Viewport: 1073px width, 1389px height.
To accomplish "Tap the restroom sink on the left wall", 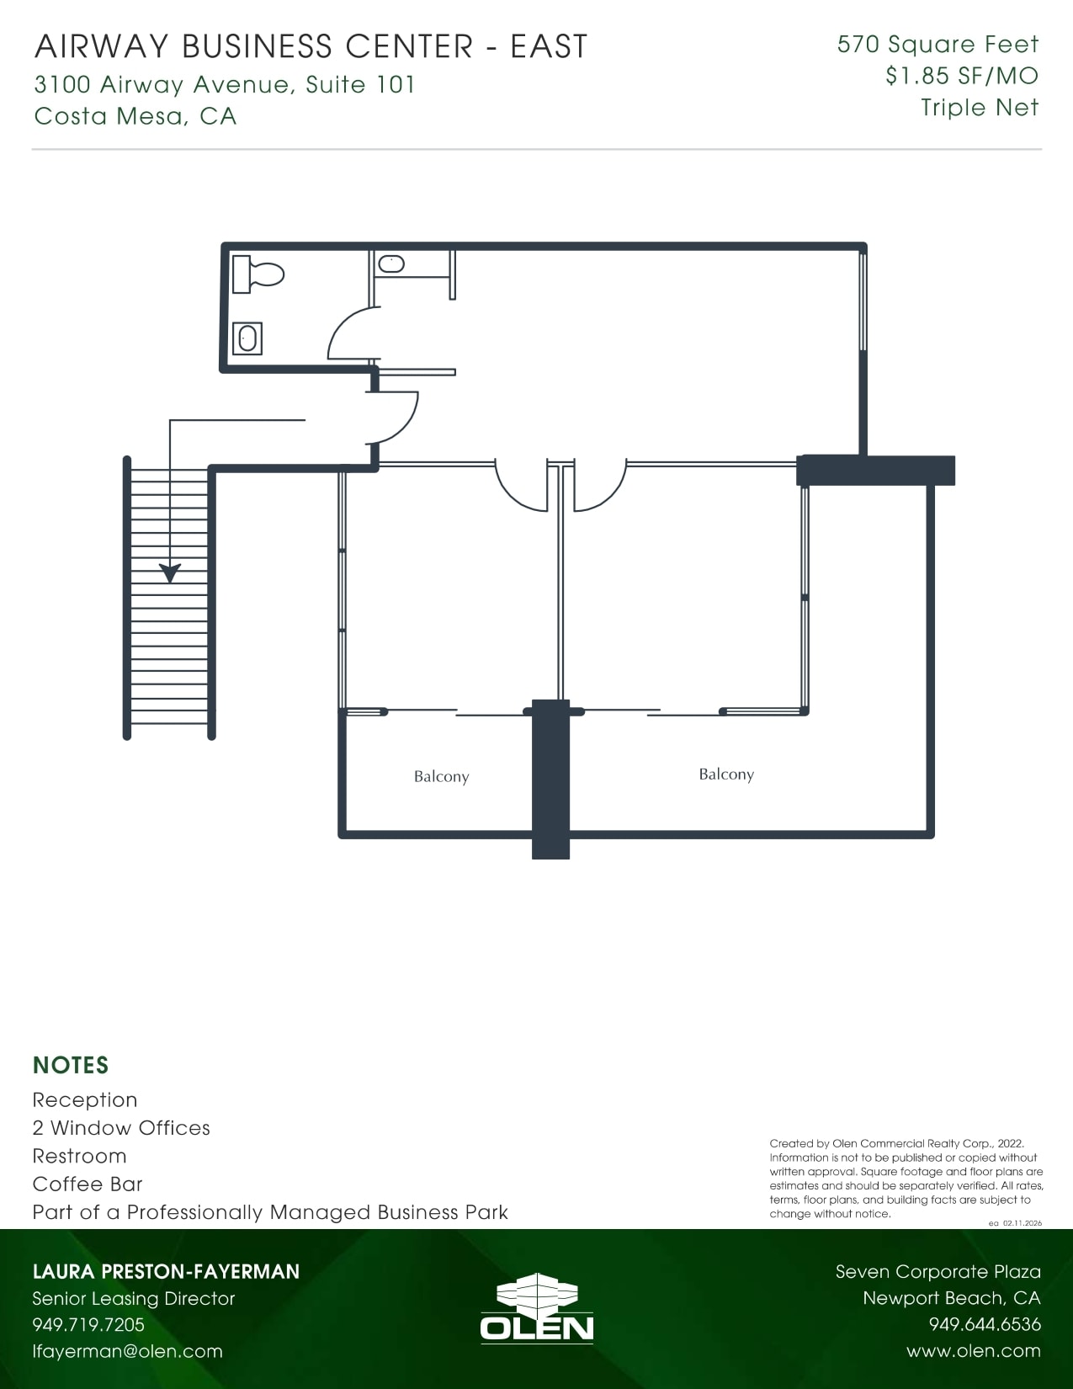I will coord(247,338).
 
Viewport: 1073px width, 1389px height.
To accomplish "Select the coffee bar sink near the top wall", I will coord(392,263).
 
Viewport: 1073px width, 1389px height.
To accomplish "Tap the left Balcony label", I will coord(441,777).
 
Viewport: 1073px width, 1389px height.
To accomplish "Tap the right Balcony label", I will coord(726,774).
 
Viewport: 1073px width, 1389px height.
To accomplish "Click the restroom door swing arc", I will coord(349,333).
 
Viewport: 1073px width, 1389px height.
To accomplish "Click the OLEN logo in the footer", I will coord(537,1308).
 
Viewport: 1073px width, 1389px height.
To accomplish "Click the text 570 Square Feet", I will coord(938,45).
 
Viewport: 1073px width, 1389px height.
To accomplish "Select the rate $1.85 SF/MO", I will coord(961,76).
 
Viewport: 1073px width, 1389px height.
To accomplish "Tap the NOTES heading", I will coord(71,1066).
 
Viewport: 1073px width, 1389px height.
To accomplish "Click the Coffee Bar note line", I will coord(88,1184).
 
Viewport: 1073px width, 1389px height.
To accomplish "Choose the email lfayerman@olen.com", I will coord(127,1351).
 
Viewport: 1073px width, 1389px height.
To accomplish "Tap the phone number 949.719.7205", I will coord(88,1325).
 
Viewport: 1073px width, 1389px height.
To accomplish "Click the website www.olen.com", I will coord(973,1351).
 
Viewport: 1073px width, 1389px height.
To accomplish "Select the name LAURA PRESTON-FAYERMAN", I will coord(166,1272).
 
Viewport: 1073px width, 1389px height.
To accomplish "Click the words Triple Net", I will coord(980,108).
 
